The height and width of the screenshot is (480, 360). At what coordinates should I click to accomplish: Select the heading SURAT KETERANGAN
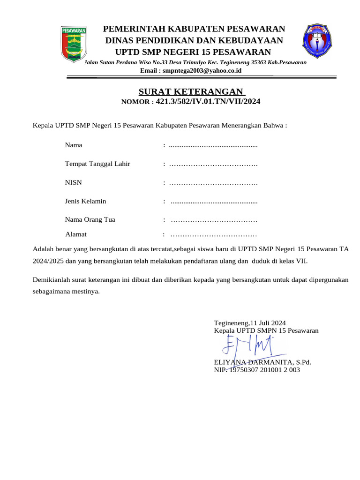(191, 91)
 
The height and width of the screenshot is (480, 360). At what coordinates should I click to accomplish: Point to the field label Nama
(74, 145)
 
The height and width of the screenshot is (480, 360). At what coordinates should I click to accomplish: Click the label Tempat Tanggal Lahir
(97, 164)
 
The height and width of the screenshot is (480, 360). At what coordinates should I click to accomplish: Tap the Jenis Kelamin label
(85, 201)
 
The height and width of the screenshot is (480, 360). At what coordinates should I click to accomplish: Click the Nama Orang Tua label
(90, 219)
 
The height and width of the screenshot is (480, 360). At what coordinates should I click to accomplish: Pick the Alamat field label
(75, 234)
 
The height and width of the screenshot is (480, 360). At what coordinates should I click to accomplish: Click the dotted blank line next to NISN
(213, 183)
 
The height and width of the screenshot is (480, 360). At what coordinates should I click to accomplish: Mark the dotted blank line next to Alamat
(214, 234)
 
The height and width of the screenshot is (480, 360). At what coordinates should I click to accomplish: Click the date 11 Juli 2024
(268, 323)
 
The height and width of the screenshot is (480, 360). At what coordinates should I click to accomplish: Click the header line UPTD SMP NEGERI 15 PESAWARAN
(193, 52)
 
